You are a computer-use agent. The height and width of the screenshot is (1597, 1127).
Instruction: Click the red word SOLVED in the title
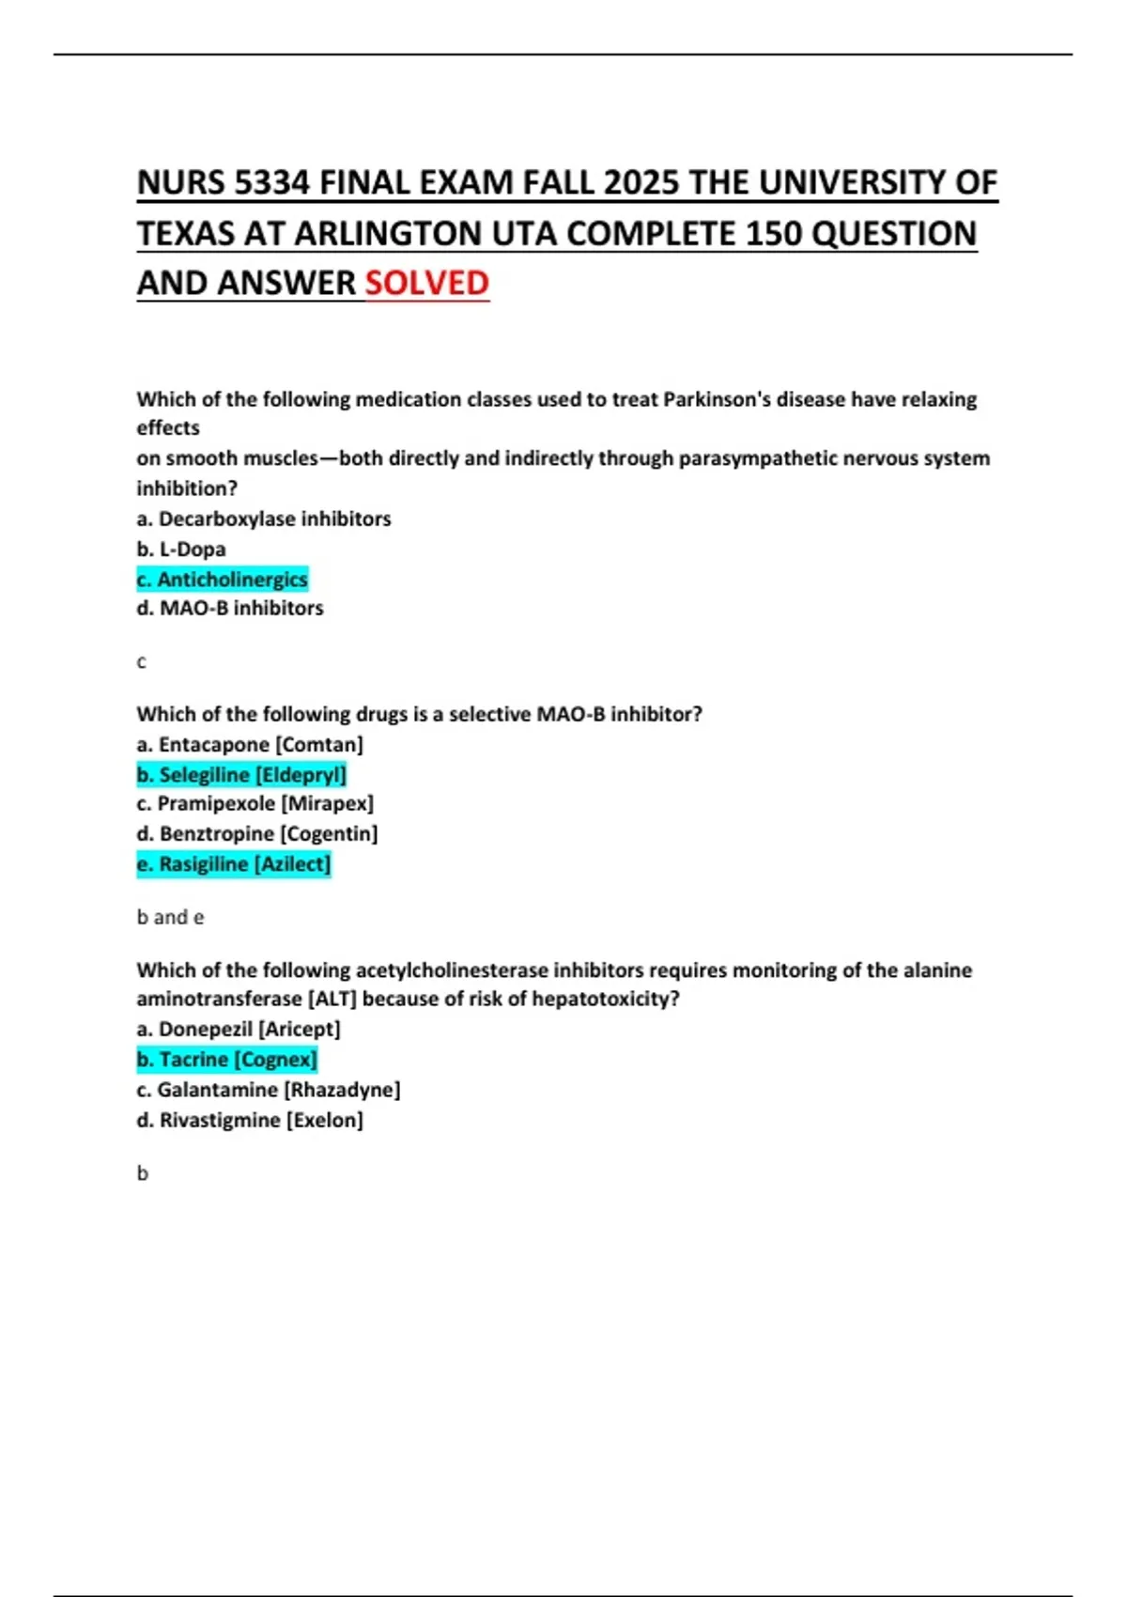426,283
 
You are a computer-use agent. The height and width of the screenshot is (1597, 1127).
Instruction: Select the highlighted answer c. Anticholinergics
223,580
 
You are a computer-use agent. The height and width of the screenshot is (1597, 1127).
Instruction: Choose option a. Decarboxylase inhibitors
264,519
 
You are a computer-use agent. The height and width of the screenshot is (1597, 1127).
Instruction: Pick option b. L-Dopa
181,549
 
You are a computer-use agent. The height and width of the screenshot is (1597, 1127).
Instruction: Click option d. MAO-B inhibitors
230,608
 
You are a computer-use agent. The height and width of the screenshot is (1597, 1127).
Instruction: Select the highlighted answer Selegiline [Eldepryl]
242,774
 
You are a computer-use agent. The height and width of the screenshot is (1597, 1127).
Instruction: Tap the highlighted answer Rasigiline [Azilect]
234,863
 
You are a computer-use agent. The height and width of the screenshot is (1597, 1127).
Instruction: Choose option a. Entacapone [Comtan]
250,744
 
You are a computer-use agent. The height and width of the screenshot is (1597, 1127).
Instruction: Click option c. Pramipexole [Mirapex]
255,803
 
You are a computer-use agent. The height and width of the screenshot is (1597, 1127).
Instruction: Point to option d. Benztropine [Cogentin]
257,833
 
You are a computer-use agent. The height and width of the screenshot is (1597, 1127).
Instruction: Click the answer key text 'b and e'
170,917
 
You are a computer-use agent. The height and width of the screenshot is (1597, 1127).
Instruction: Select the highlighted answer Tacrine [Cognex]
227,1059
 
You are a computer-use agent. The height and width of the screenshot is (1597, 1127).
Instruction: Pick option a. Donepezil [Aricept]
239,1029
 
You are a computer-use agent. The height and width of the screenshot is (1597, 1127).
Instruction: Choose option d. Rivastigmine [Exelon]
250,1120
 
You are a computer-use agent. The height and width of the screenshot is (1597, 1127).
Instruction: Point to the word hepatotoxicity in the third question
605,999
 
